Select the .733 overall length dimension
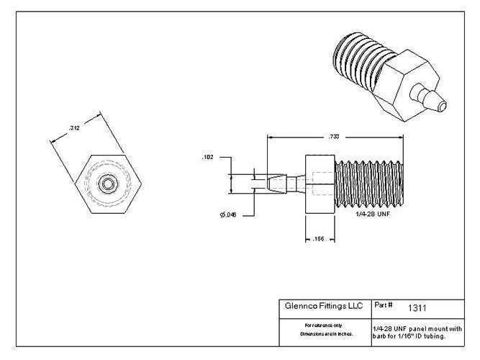click(x=332, y=137)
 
